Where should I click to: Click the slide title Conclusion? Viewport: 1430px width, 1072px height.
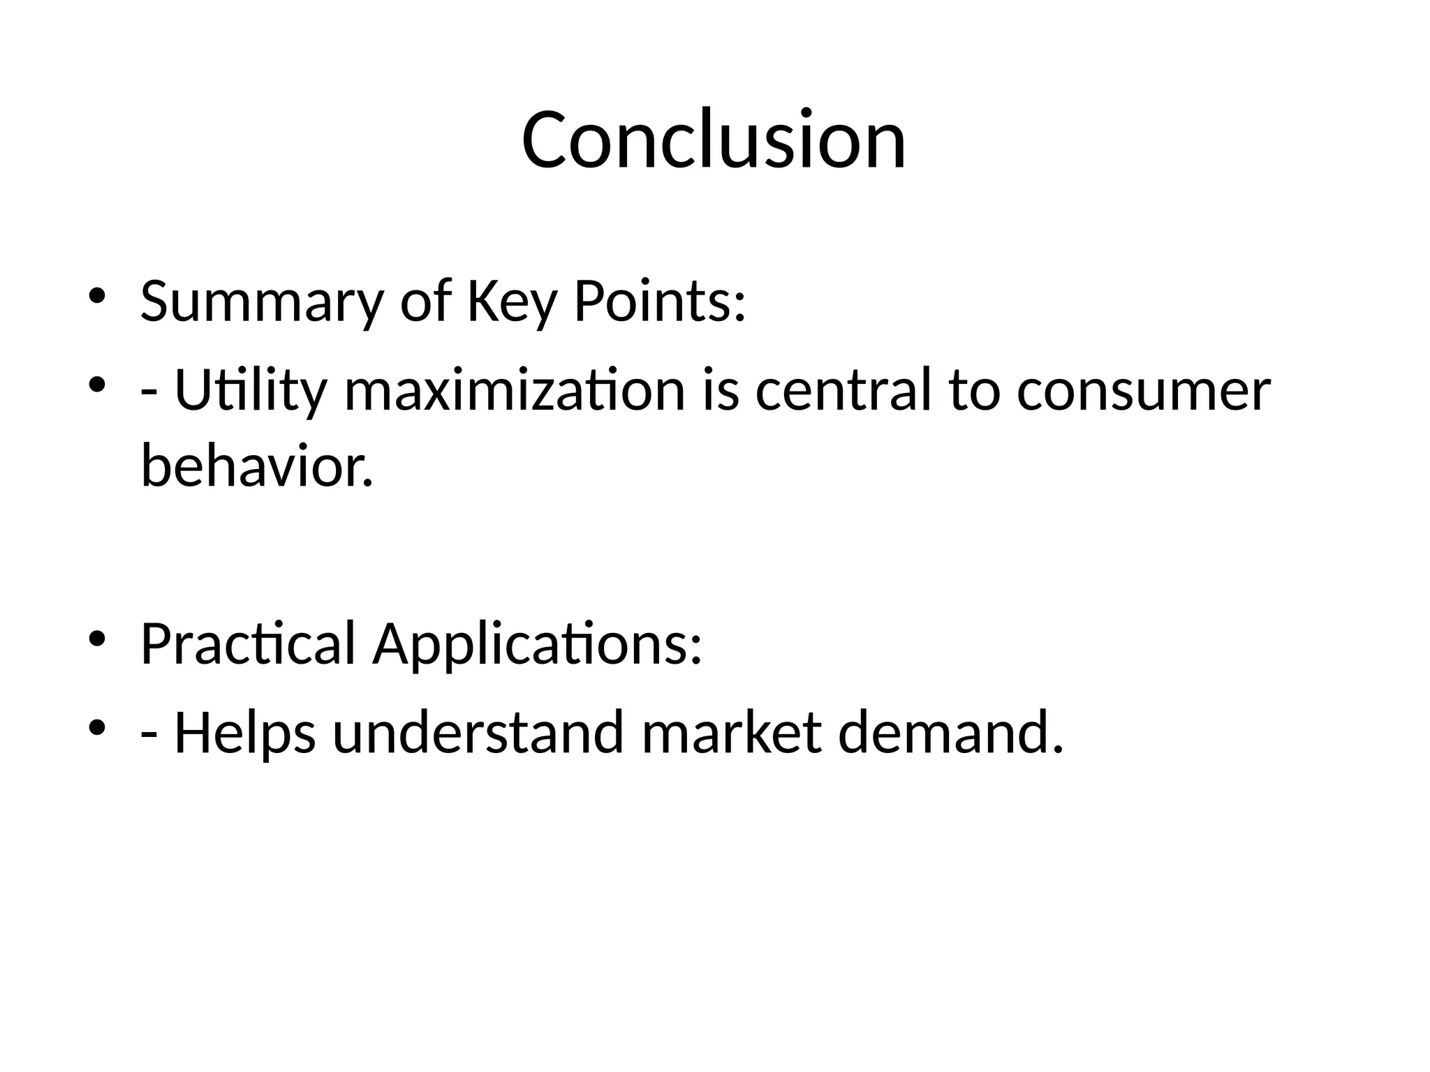pos(714,140)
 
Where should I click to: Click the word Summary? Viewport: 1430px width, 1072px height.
pos(262,301)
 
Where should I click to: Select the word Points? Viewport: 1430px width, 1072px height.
pos(660,301)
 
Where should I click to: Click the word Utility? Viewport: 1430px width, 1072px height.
pos(250,390)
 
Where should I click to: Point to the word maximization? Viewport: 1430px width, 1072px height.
pos(515,390)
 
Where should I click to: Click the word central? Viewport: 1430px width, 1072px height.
pos(843,390)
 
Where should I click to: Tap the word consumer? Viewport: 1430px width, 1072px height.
pos(1143,390)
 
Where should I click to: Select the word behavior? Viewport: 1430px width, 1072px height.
pos(257,466)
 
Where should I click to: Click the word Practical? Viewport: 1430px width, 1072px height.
pos(248,643)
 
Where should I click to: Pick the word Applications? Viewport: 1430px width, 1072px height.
pos(536,643)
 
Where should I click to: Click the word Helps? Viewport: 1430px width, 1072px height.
pos(244,733)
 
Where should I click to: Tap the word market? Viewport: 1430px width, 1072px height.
pos(730,733)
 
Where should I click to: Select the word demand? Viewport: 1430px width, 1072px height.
pos(950,733)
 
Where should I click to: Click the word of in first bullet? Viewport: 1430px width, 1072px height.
pos(425,301)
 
